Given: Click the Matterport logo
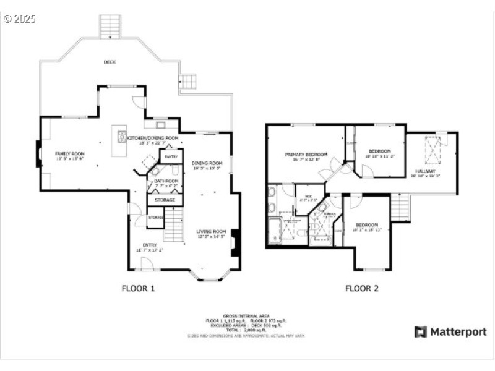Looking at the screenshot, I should (x=450, y=332).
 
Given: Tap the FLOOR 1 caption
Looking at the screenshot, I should (x=138, y=288).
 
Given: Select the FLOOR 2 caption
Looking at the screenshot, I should (x=362, y=288).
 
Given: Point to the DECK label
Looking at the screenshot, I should (x=110, y=62).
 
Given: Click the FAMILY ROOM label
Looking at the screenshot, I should (x=69, y=153).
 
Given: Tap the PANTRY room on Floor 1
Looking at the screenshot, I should (x=171, y=157).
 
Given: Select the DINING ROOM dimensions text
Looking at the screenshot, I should (x=207, y=168).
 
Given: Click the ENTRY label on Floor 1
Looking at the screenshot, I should (x=149, y=245).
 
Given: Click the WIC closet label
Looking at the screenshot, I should (x=308, y=196).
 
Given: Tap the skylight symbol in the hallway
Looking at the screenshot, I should (x=433, y=148).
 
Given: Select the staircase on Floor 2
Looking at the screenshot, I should (x=400, y=207).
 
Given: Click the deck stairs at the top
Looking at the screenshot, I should (x=110, y=26).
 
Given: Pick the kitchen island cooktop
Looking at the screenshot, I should (x=122, y=137).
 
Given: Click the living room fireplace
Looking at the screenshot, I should (x=235, y=243).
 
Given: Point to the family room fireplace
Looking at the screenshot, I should (x=38, y=154).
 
